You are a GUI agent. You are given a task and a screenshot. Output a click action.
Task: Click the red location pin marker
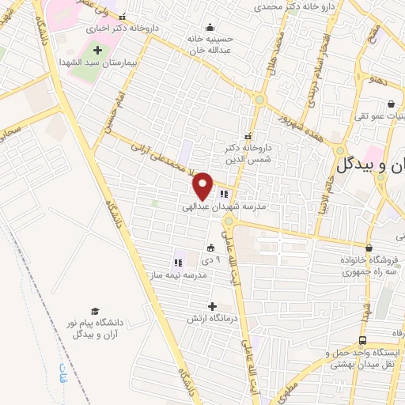pyautogui.click(x=203, y=186)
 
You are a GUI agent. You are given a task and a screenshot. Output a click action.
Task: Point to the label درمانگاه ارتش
pyautogui.click(x=202, y=319)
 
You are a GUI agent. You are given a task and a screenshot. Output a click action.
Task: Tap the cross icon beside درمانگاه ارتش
pyautogui.click(x=211, y=305)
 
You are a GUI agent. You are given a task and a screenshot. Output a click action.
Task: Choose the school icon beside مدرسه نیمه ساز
pyautogui.click(x=176, y=262)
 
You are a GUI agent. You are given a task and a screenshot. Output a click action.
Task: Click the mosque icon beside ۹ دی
pyautogui.click(x=210, y=248)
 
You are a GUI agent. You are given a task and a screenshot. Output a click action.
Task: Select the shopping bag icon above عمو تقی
pyautogui.click(x=391, y=104)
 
